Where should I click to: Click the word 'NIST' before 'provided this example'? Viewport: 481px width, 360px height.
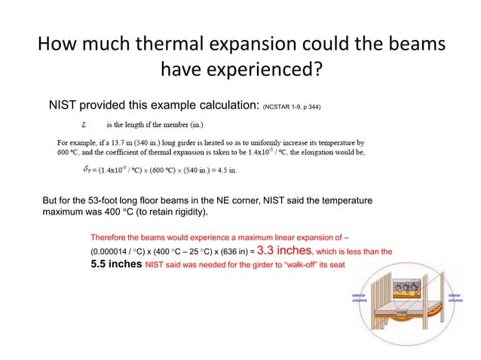point(65,106)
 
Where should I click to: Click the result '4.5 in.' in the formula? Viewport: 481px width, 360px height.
point(224,169)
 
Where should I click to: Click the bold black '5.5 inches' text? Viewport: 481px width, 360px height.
point(115,265)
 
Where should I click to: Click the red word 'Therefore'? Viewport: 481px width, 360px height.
point(108,235)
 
